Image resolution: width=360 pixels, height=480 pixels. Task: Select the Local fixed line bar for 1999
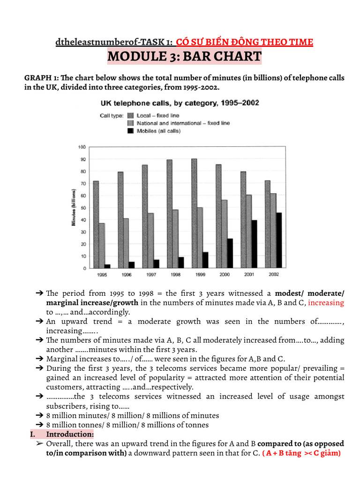coord(194,214)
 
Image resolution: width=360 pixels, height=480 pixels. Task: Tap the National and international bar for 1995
coord(102,246)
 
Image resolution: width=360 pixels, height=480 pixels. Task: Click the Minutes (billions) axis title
coord(74,208)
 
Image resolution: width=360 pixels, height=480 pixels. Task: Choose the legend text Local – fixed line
coord(158,115)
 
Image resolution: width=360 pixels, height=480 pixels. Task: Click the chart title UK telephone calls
coord(180,103)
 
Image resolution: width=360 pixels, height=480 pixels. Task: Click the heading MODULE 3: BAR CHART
coord(184,57)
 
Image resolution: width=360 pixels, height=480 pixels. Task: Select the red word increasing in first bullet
coord(326,303)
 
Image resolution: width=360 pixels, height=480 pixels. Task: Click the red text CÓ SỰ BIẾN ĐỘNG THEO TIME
coord(244,42)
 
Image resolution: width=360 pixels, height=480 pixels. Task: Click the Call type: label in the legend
coord(112,115)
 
